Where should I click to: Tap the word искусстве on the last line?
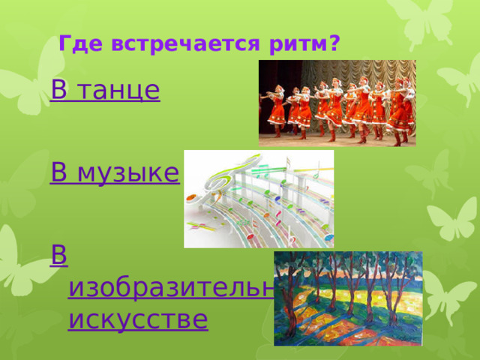(x=137, y=319)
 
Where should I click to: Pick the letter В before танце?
(x=59, y=91)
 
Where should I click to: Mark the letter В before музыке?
(x=59, y=175)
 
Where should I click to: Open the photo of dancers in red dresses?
(x=337, y=103)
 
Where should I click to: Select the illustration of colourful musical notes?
(x=259, y=199)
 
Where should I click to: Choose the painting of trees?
(x=348, y=298)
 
